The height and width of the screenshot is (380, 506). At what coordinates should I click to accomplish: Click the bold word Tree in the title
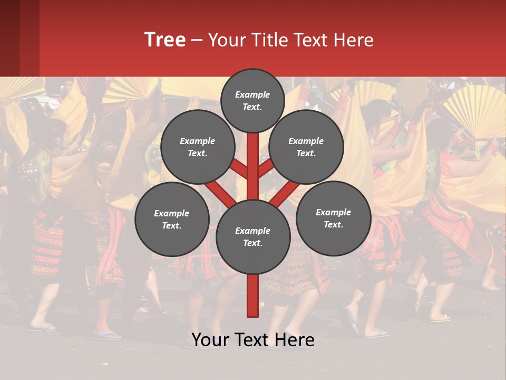[165, 40]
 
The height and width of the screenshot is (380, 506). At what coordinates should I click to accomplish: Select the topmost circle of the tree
[252, 100]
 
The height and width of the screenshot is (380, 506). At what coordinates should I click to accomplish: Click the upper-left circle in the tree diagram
[197, 147]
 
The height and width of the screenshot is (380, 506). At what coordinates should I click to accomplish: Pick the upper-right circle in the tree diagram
[306, 147]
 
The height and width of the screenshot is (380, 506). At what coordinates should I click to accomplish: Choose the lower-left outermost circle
[171, 219]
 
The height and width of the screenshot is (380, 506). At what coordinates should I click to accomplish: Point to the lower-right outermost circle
[333, 218]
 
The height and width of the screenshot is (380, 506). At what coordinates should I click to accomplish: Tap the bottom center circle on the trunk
[252, 237]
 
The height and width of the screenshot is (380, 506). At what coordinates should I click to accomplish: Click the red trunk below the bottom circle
[252, 296]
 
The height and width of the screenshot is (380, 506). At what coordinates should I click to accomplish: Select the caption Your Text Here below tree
[252, 340]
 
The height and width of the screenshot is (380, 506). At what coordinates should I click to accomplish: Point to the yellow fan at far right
[474, 111]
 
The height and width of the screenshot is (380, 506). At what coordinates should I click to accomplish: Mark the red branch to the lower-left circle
[219, 193]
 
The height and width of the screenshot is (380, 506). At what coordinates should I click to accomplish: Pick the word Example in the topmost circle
[252, 94]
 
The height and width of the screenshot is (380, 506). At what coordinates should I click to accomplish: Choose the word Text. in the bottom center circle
[252, 243]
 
